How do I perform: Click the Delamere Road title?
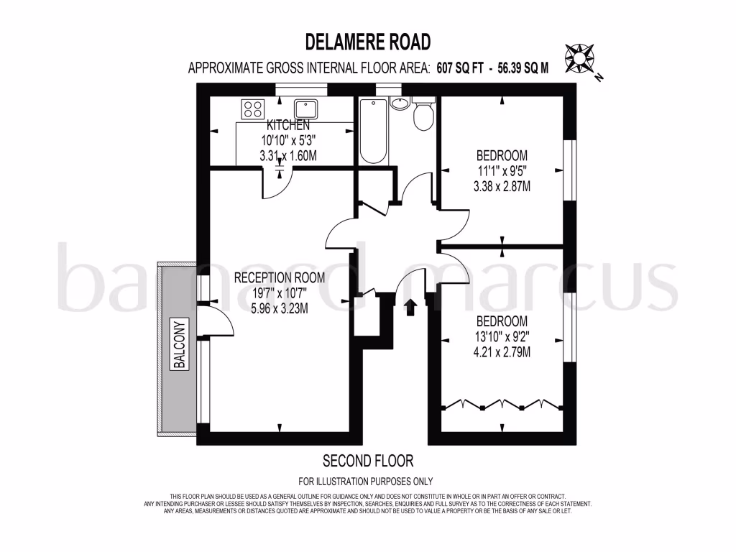(368, 41)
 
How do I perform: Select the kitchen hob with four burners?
(252, 109)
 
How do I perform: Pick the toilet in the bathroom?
(424, 115)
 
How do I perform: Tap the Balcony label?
(180, 344)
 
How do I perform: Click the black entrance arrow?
(410, 308)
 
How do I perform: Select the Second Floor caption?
(368, 460)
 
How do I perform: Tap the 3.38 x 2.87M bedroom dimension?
(502, 187)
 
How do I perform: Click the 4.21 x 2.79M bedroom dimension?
(502, 352)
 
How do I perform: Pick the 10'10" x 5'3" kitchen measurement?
(287, 140)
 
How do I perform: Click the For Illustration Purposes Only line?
(366, 482)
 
